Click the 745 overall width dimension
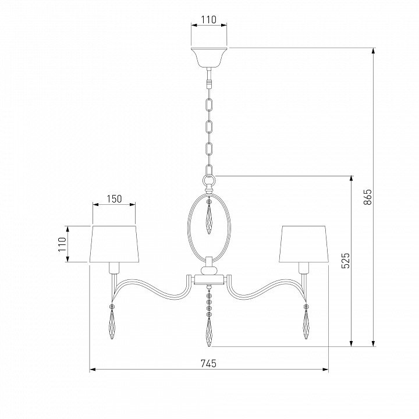pos(208,363)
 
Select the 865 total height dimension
pos(368,197)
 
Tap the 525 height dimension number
pos(346,261)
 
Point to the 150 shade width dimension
pos(115,199)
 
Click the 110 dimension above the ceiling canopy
pos(209,20)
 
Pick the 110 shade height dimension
pos(62,244)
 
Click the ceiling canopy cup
pos(209,57)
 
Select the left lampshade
pos(115,244)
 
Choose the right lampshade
pos(304,244)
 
